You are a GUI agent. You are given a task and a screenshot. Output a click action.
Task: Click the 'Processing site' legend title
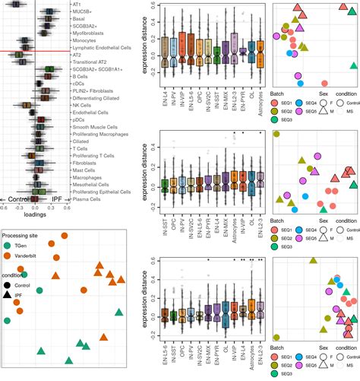pyautogui.click(x=29, y=235)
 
